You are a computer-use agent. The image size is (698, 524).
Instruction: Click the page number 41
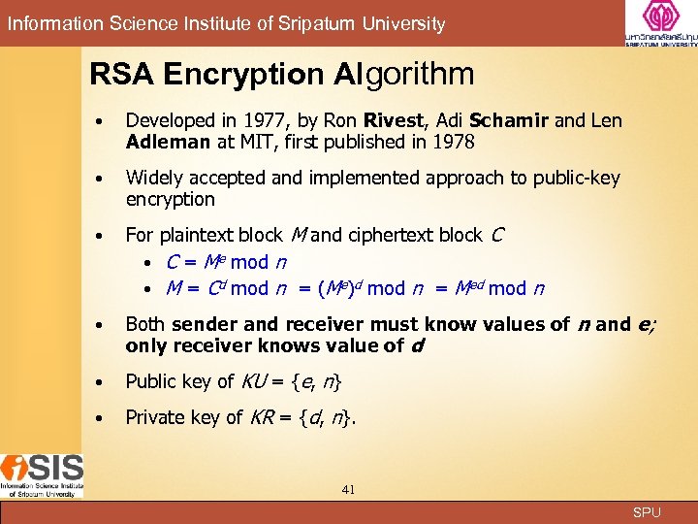(348, 490)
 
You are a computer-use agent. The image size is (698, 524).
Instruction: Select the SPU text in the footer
(647, 512)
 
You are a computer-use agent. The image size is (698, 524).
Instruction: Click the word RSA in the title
(123, 74)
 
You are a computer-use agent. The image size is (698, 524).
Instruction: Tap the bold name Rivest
(395, 121)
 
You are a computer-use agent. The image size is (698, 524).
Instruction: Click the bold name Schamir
(509, 121)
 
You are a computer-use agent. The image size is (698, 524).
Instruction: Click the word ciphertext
(392, 235)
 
